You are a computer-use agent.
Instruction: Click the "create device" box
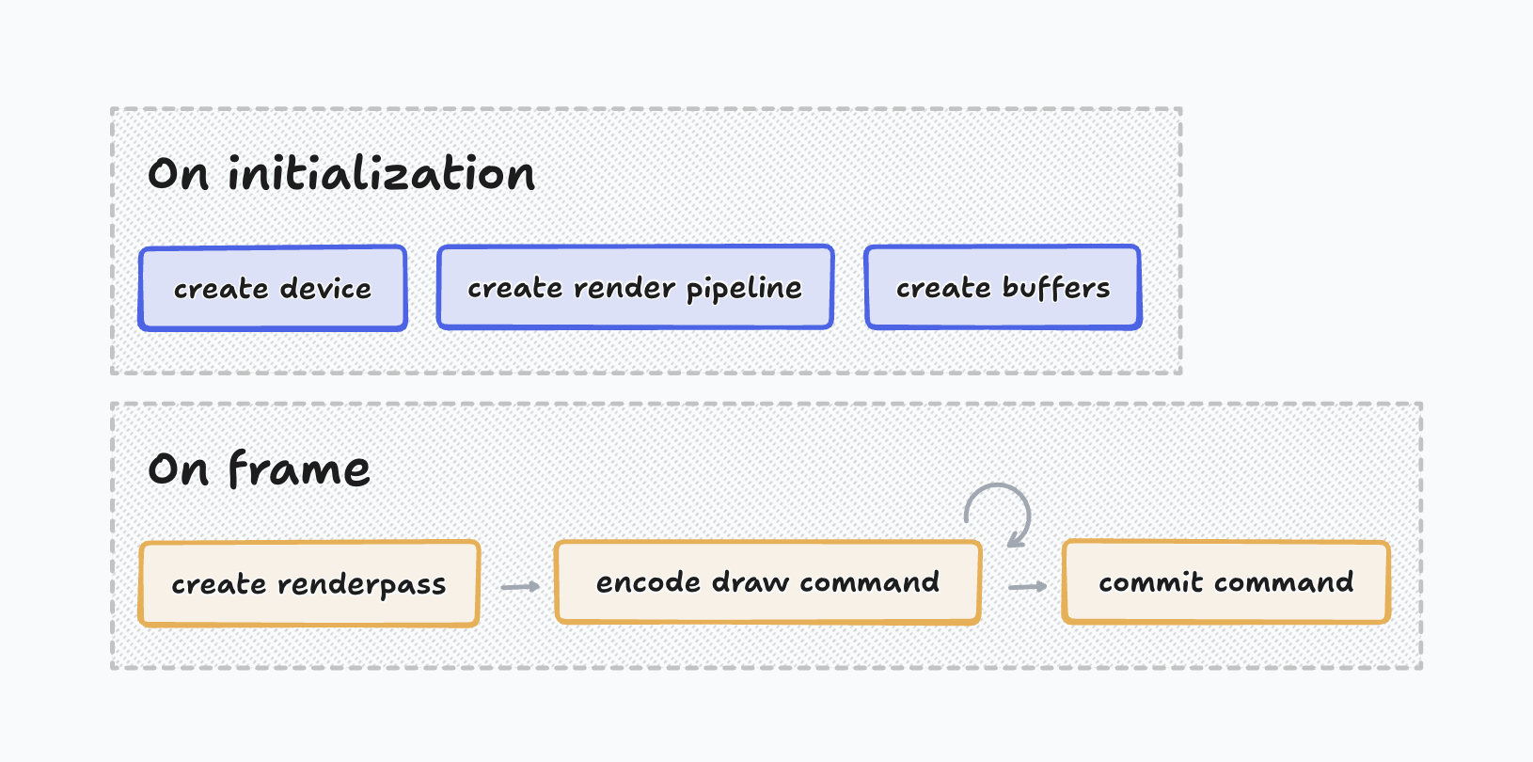click(273, 289)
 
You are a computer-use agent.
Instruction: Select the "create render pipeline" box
click(635, 288)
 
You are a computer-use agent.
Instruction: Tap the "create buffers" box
click(1003, 288)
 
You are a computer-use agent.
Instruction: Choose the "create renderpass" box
click(308, 584)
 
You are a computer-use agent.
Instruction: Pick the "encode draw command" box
click(767, 582)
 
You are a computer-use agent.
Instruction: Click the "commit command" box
click(1225, 582)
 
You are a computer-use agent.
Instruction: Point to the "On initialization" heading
click(341, 174)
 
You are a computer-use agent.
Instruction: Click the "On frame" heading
click(259, 468)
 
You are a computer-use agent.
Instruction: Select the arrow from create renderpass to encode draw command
click(520, 587)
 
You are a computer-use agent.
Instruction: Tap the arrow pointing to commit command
click(1027, 587)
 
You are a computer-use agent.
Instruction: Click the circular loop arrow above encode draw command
click(999, 513)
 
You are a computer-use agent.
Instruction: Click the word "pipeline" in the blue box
click(744, 289)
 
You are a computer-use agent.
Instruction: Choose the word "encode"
click(648, 582)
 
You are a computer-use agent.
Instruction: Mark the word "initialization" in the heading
click(381, 174)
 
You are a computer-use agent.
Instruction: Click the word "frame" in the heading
click(299, 468)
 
